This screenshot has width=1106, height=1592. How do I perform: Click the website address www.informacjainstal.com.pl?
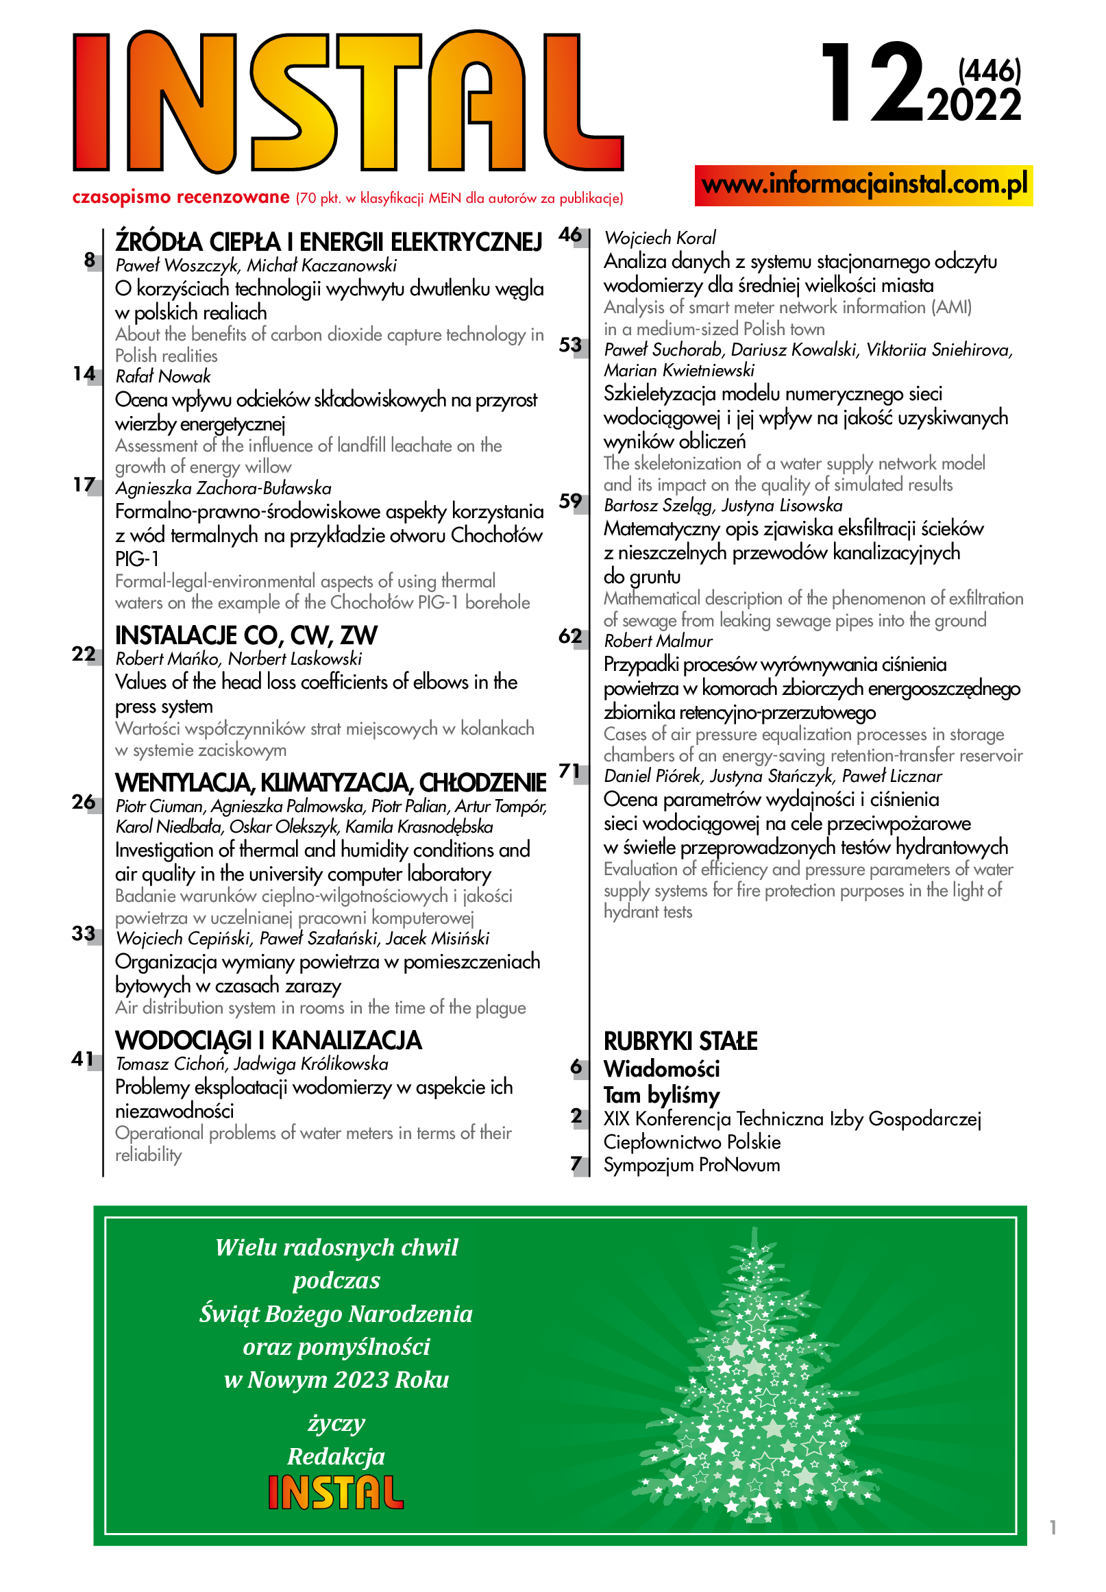[x=863, y=185]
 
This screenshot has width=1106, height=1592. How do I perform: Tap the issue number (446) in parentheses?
[x=989, y=71]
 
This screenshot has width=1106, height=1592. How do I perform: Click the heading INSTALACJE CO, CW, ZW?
[x=246, y=635]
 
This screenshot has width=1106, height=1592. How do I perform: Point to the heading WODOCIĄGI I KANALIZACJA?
[x=268, y=1040]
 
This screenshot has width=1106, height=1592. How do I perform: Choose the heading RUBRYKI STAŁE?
[x=680, y=1041]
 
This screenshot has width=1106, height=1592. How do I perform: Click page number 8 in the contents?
[x=89, y=260]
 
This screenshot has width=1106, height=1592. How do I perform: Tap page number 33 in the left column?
[x=84, y=933]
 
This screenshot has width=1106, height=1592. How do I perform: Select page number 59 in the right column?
[x=570, y=501]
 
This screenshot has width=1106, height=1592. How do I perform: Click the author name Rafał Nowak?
[x=163, y=376]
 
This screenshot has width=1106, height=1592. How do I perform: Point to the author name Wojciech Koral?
[x=660, y=238]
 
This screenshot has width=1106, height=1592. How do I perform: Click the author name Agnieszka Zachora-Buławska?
[x=223, y=488]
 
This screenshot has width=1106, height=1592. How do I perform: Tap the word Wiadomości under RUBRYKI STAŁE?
[x=661, y=1068]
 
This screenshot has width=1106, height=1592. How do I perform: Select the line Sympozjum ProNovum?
[x=691, y=1165]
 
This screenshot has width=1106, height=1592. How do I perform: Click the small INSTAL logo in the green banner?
[x=336, y=1492]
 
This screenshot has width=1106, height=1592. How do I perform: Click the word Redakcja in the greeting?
[x=336, y=1456]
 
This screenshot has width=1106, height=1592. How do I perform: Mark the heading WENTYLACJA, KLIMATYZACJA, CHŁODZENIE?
[x=330, y=783]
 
